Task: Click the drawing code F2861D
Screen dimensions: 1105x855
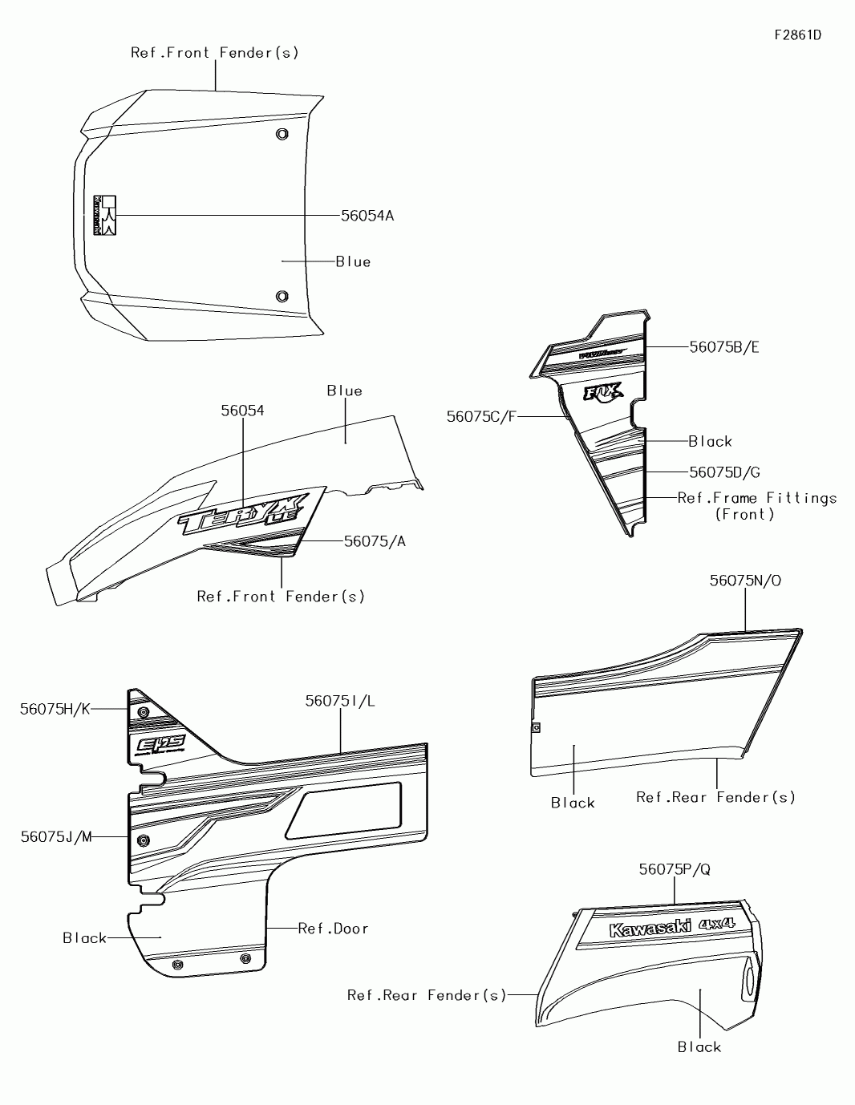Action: pos(797,35)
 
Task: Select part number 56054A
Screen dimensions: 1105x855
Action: pos(367,216)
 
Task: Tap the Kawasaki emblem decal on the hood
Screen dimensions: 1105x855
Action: pos(105,215)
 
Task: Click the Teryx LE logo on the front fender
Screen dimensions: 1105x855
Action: pos(241,513)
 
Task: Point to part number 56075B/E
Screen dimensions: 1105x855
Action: pos(724,347)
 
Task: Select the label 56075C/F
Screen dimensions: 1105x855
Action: pos(481,416)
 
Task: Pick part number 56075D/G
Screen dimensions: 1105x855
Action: pos(724,473)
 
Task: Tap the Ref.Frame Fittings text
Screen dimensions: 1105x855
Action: pos(756,498)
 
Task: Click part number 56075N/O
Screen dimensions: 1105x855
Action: pos(744,581)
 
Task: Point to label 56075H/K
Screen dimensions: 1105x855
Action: pos(55,709)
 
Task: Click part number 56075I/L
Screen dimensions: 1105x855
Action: pos(340,701)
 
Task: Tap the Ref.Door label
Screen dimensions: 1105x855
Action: pos(333,929)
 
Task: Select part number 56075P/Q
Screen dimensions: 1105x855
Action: pos(675,869)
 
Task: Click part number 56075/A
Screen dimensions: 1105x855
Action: pos(375,541)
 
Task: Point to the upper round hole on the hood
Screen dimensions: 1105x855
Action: pos(282,134)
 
